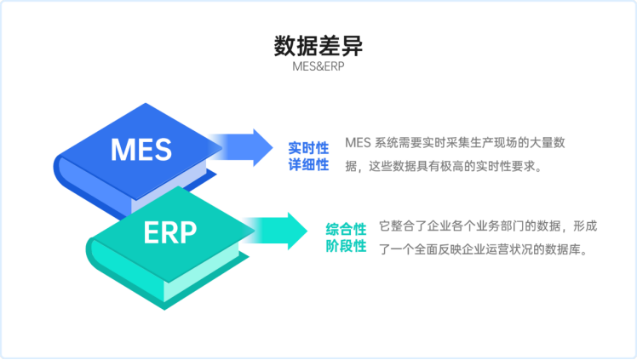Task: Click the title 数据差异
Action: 318,45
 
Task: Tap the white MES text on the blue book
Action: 141,151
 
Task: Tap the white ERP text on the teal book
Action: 169,231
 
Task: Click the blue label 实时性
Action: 308,147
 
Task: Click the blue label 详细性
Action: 308,164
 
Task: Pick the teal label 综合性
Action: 346,229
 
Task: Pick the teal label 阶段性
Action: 346,246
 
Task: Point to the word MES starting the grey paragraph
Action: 358,142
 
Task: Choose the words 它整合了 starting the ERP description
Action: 400,226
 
